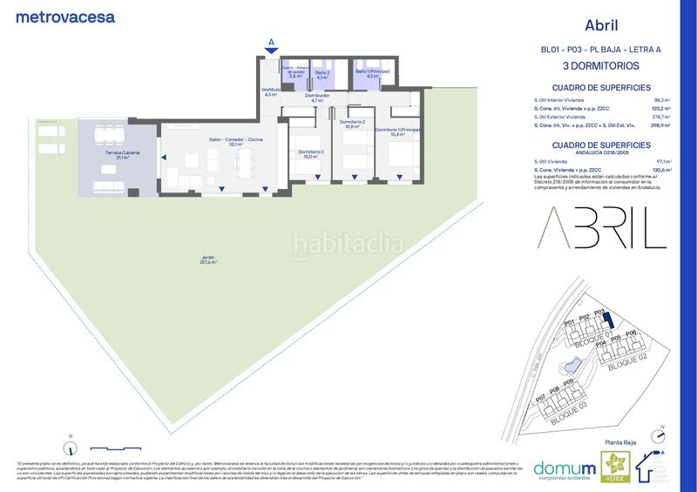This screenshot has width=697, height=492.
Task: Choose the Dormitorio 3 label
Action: tap(311, 154)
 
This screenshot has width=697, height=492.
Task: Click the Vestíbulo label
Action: tap(270, 91)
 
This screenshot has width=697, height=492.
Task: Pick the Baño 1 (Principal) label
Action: tap(371, 73)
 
